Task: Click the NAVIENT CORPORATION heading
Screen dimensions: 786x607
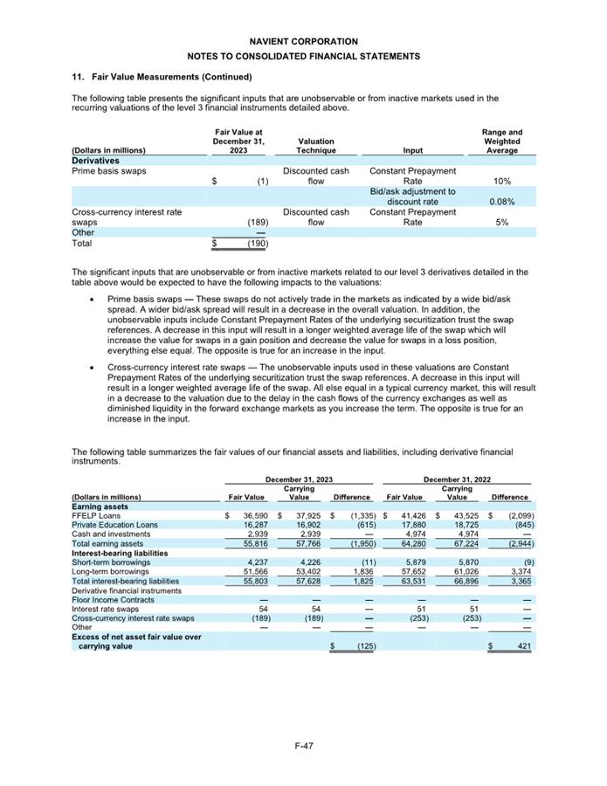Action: pyautogui.click(x=303, y=41)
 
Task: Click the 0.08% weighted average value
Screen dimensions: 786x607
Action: pyautogui.click(x=502, y=202)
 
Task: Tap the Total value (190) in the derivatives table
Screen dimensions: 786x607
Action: pyautogui.click(x=257, y=243)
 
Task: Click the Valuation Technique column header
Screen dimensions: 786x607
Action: pyautogui.click(x=315, y=146)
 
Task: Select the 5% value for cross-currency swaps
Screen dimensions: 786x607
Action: pyautogui.click(x=502, y=222)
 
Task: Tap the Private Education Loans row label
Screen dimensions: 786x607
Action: pyautogui.click(x=113, y=525)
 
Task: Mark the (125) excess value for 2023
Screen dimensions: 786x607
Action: pyautogui.click(x=362, y=646)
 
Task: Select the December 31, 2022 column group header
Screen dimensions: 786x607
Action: pyautogui.click(x=457, y=479)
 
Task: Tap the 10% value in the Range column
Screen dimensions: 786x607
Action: pyautogui.click(x=502, y=181)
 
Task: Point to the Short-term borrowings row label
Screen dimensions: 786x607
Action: pyautogui.click(x=111, y=562)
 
